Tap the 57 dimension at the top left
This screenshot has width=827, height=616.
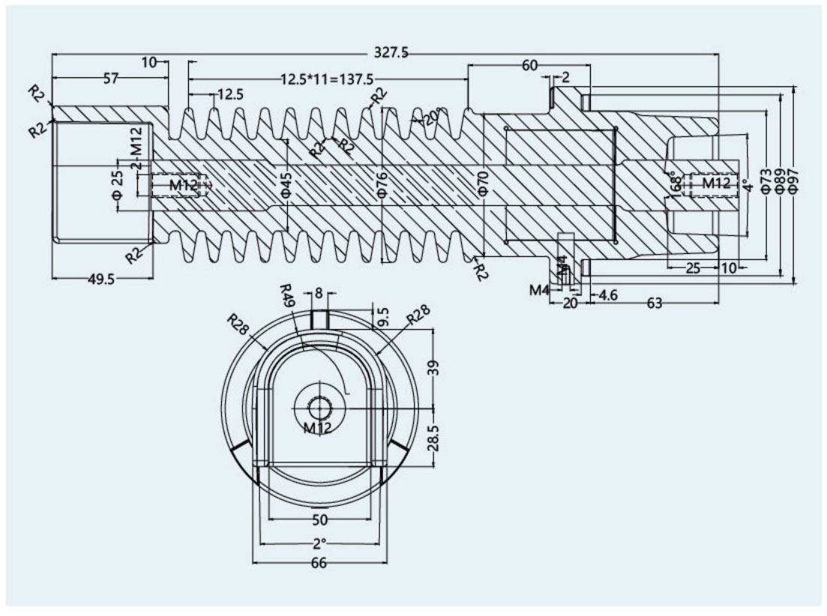110,79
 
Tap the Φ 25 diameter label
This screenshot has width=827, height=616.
117,184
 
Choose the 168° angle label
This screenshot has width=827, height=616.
675,184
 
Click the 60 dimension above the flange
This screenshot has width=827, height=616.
529,66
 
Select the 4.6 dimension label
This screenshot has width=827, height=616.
607,296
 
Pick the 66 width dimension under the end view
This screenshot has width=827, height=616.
319,564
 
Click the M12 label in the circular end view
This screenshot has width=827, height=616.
318,428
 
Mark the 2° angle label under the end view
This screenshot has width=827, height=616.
319,543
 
